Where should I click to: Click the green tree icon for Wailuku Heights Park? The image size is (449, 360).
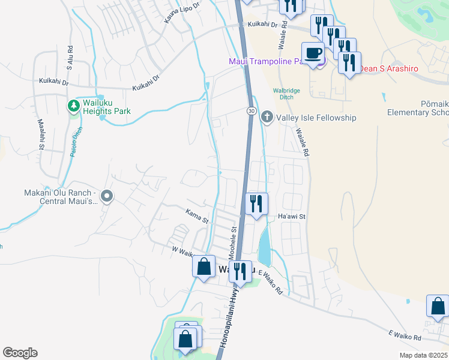[74, 106]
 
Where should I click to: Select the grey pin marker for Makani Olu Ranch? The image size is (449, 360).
[107, 196]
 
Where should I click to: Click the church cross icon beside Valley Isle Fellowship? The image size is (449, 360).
[267, 118]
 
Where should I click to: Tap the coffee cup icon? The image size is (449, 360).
[312, 53]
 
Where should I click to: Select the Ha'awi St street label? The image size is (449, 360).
[292, 216]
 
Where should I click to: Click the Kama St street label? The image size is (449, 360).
[196, 212]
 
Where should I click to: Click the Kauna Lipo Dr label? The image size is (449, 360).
[181, 12]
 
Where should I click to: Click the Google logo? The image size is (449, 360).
[20, 353]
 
